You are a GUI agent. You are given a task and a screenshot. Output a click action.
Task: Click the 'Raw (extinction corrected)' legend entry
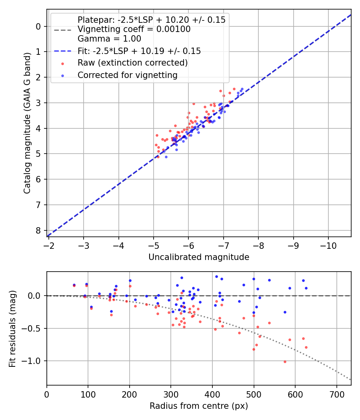(132, 63)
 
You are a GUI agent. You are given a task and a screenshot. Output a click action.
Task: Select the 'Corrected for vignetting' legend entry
(127, 75)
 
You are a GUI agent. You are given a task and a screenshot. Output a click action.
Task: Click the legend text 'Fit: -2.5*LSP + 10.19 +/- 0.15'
(139, 51)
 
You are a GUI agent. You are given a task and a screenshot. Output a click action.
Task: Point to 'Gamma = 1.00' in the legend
(109, 39)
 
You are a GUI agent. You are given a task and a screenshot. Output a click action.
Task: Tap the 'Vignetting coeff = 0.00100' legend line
(134, 29)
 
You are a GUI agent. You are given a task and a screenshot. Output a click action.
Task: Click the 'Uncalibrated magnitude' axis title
(199, 257)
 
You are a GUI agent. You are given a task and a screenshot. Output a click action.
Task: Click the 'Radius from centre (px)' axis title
(199, 406)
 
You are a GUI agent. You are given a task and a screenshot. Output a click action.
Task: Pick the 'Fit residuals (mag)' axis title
(12, 329)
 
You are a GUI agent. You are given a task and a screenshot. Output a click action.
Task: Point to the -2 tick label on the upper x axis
(49, 244)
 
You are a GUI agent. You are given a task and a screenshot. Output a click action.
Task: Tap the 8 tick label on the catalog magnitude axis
(38, 230)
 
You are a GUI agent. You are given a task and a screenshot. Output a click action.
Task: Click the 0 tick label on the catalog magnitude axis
(38, 26)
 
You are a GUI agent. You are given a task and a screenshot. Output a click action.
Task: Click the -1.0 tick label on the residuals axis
(34, 361)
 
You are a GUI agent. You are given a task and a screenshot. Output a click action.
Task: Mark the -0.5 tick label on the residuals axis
(34, 328)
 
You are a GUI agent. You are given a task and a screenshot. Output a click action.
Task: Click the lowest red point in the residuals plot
(285, 362)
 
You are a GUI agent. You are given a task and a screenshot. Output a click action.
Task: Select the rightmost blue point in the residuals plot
(306, 288)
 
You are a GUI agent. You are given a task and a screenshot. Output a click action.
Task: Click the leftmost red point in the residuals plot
(74, 286)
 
